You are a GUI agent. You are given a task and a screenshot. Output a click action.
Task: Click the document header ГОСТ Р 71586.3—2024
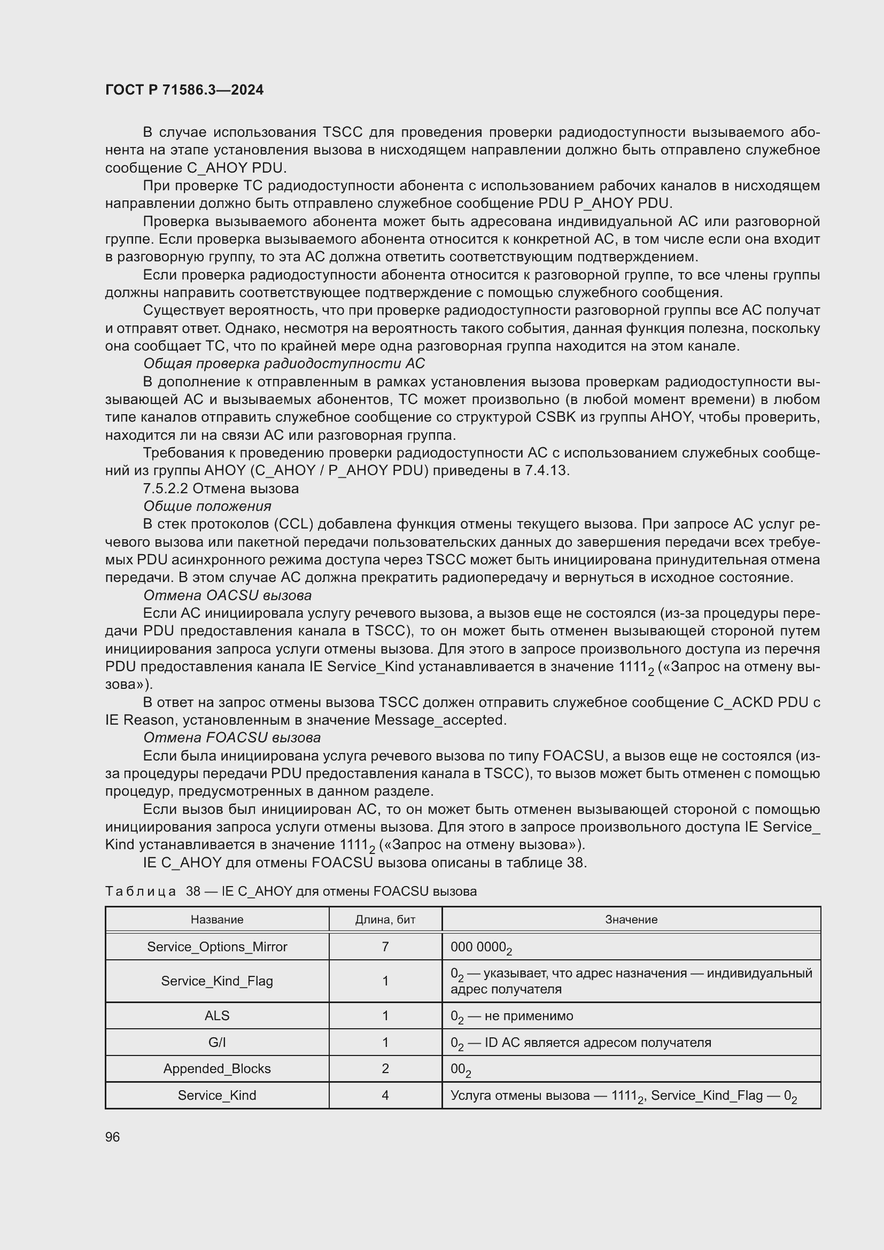click(x=184, y=90)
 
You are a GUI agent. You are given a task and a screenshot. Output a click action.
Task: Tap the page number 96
click(x=113, y=1137)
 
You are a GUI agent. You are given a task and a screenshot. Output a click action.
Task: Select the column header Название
click(x=216, y=920)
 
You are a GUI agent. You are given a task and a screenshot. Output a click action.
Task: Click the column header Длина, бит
click(x=385, y=920)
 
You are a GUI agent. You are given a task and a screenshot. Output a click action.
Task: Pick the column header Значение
click(x=631, y=920)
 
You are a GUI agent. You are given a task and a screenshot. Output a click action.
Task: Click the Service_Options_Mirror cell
click(x=216, y=947)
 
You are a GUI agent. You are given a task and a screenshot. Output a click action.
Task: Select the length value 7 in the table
click(x=385, y=947)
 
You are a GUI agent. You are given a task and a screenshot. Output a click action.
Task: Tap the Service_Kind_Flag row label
click(x=216, y=981)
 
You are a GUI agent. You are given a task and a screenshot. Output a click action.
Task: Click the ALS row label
click(x=216, y=1016)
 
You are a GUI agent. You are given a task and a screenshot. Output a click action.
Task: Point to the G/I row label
click(x=216, y=1043)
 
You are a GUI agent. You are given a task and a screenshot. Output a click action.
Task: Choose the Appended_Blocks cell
click(x=216, y=1069)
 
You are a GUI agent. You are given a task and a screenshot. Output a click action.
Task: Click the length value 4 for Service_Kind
click(x=385, y=1096)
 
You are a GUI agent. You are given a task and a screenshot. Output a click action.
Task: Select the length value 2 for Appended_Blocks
click(x=385, y=1069)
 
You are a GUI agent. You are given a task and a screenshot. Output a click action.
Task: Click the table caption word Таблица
click(x=141, y=891)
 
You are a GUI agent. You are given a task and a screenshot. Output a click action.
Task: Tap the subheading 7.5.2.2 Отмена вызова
click(x=221, y=488)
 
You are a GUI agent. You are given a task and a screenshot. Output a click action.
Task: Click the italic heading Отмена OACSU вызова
click(x=227, y=595)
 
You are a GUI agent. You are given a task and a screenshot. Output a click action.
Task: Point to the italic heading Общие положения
click(x=207, y=506)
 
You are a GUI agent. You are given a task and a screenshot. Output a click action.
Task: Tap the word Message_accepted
click(x=439, y=720)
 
